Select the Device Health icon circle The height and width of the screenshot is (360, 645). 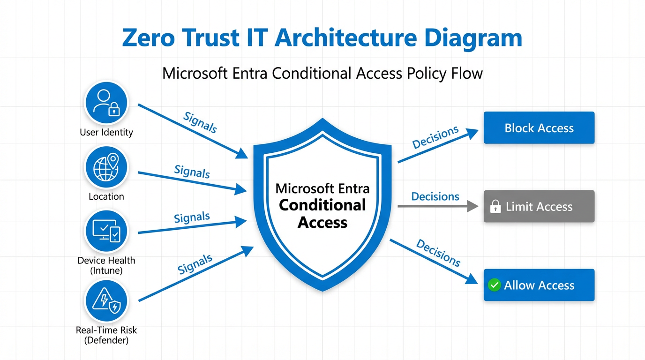click(x=106, y=230)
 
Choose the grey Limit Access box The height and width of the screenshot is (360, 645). click(x=539, y=206)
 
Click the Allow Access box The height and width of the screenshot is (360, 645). click(x=539, y=285)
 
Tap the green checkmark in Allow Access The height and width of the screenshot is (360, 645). click(x=494, y=285)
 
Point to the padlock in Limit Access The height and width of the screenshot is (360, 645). click(x=495, y=207)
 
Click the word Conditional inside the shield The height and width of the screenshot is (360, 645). click(x=322, y=205)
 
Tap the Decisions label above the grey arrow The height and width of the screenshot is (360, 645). click(x=435, y=196)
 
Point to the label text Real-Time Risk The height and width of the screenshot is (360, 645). click(x=106, y=330)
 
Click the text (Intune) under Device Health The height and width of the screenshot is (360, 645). click(x=106, y=270)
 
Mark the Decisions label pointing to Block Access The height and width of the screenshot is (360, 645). click(x=435, y=137)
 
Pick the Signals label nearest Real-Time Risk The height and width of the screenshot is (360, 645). click(x=195, y=264)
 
